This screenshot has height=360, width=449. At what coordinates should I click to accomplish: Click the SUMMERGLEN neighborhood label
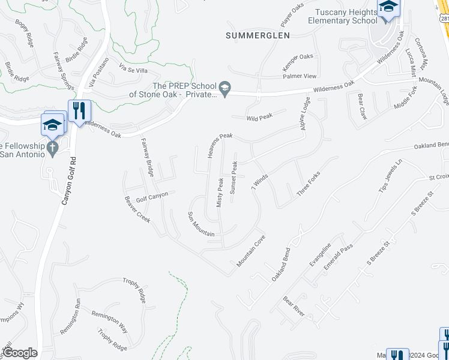point(258,35)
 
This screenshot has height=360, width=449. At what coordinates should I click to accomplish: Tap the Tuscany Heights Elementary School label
point(343,16)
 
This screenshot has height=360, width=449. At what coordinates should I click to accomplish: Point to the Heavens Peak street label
point(220,146)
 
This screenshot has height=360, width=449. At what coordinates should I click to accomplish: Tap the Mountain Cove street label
point(251,251)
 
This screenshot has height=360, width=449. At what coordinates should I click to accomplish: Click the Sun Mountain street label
point(201,224)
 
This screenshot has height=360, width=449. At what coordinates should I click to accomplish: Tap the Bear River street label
point(294,307)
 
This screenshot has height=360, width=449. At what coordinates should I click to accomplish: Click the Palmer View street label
point(300,76)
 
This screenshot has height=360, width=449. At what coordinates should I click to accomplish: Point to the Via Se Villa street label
point(133,68)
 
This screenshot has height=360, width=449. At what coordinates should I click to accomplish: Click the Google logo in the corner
point(20,353)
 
